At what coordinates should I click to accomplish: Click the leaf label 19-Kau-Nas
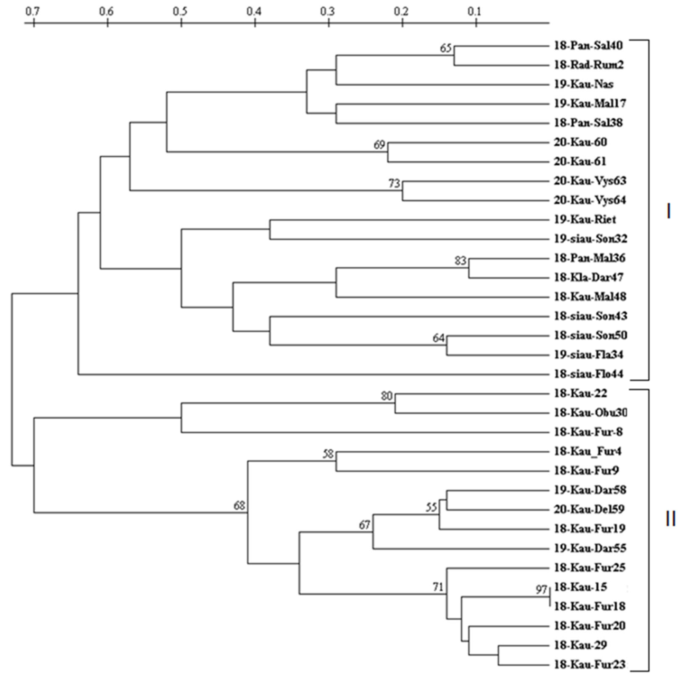click(x=584, y=84)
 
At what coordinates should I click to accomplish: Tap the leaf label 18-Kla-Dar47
click(x=589, y=278)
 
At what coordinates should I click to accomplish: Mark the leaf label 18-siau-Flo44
click(x=589, y=374)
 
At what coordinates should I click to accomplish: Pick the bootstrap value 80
click(x=386, y=396)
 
